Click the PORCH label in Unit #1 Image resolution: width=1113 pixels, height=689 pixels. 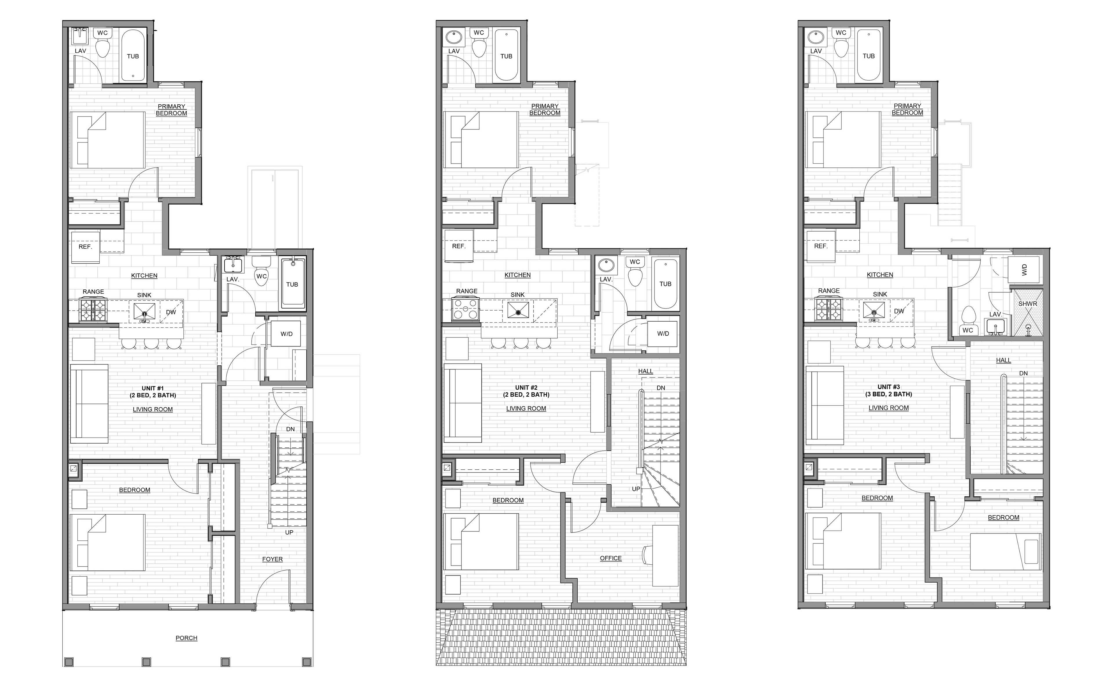tap(186, 638)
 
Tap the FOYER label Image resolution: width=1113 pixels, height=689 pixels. tap(272, 559)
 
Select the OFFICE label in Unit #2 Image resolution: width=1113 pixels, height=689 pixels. tap(611, 558)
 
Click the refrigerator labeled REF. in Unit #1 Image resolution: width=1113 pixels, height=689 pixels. tap(85, 247)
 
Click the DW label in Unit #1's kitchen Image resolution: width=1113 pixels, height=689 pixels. tap(171, 312)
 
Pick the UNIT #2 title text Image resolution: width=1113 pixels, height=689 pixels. tap(526, 388)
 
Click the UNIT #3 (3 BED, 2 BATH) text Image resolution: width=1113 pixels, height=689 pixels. tap(888, 391)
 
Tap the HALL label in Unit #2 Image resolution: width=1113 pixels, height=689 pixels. tap(645, 371)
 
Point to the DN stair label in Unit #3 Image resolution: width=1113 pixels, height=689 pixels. tap(1023, 373)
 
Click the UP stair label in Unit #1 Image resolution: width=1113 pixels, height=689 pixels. tap(289, 532)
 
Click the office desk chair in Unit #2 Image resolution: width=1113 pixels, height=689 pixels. tap(647, 555)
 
